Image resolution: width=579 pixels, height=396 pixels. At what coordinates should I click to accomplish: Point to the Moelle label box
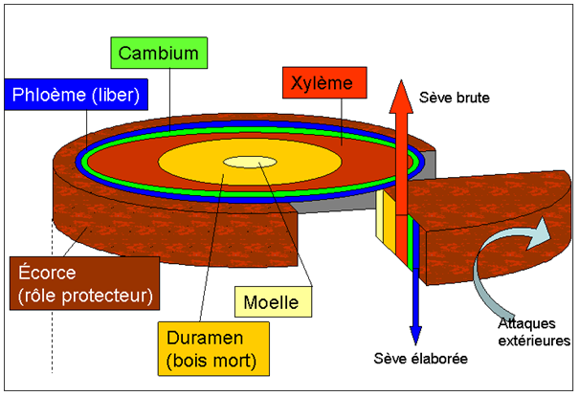[x=273, y=304]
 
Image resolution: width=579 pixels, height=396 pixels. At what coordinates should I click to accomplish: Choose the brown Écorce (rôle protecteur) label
[x=81, y=282]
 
